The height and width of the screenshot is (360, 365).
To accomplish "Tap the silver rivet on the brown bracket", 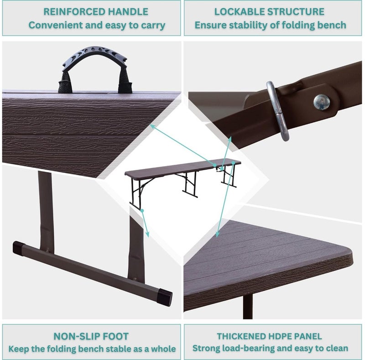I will pyautogui.click(x=321, y=102).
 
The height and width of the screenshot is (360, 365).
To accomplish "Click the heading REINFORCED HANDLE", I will pyautogui.click(x=96, y=12).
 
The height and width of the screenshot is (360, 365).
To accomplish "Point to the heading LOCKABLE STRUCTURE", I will pyautogui.click(x=270, y=12).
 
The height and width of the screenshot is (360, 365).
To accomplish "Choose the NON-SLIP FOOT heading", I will pyautogui.click(x=91, y=337).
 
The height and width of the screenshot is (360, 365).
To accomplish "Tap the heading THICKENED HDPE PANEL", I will pyautogui.click(x=269, y=337).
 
